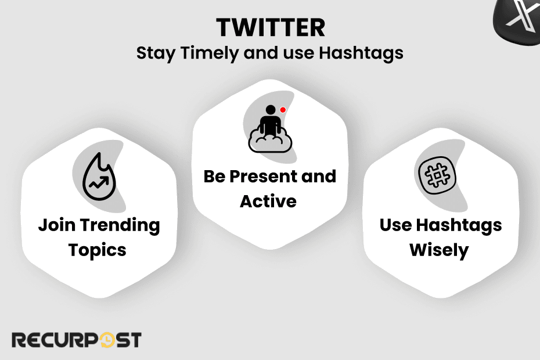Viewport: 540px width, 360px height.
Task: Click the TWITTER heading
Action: [270, 27]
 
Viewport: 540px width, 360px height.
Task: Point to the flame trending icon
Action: [99, 177]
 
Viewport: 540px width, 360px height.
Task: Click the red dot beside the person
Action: [283, 110]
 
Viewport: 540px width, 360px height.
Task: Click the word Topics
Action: [98, 250]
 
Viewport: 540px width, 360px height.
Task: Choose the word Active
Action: [268, 201]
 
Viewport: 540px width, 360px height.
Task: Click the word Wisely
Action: [439, 250]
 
